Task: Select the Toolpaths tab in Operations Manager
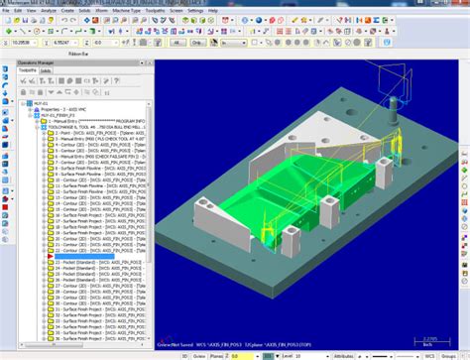click(27, 70)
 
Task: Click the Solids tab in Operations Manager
click(46, 70)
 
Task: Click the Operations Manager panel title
click(36, 62)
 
